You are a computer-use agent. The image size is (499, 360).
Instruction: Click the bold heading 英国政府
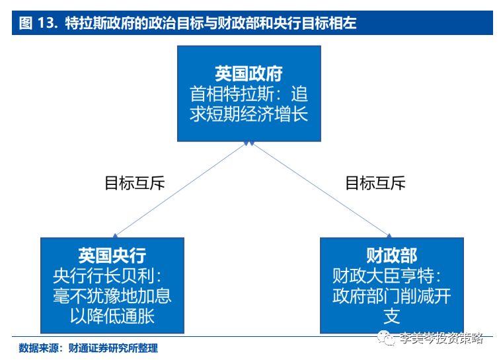249,73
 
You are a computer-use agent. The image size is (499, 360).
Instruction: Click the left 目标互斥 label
135,183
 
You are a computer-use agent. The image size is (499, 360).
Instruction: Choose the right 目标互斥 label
375,183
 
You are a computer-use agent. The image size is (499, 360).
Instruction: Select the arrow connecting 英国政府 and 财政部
319,188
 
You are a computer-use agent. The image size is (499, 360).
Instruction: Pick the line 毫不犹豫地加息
112,295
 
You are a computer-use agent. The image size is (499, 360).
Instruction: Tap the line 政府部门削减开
392,295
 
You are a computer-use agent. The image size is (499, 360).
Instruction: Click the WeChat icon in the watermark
387,339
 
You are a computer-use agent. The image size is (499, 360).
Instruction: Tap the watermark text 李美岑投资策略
441,339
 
